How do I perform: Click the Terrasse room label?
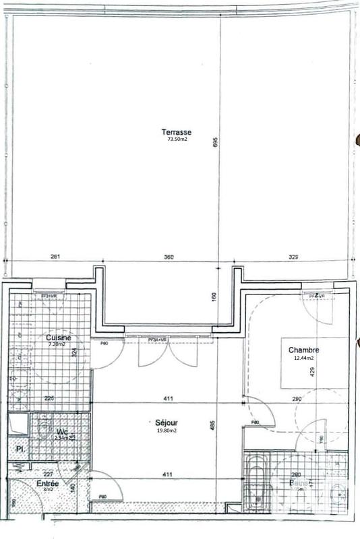coord(177,131)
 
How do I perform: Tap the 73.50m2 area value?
coord(177,140)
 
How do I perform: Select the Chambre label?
coord(303,350)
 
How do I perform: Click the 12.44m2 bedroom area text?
coord(303,358)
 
